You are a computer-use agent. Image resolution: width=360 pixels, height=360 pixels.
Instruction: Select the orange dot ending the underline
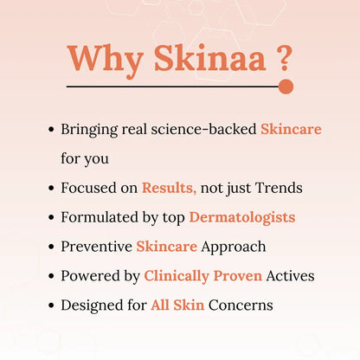pyautogui.click(x=286, y=87)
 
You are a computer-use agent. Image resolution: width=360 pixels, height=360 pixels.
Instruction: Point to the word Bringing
pyautogui.click(x=91, y=129)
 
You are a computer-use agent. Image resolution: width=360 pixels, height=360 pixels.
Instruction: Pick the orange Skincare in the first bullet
pyautogui.click(x=291, y=129)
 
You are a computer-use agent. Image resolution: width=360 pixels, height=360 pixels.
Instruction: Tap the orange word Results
pyautogui.click(x=170, y=188)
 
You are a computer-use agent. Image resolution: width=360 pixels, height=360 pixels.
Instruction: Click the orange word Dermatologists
pyautogui.click(x=242, y=217)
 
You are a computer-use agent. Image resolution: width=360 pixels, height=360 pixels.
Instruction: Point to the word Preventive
pyautogui.click(x=96, y=247)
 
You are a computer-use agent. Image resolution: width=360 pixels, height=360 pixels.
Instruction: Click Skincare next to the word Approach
pyautogui.click(x=167, y=247)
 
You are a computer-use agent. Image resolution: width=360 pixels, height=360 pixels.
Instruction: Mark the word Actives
pyautogui.click(x=290, y=276)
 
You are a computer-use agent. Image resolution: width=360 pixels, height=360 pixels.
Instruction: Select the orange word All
pyautogui.click(x=163, y=305)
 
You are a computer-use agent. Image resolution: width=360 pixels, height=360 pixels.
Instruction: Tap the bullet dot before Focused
pyautogui.click(x=51, y=189)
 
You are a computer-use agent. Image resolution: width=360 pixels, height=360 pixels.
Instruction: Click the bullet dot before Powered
pyautogui.click(x=51, y=277)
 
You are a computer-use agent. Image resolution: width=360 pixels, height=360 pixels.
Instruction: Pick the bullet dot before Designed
pyautogui.click(x=51, y=306)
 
